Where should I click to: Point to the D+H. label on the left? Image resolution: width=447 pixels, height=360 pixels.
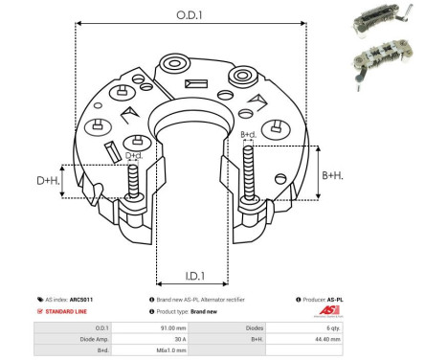(x=49, y=180)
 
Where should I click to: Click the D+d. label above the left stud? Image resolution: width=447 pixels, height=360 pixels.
(x=135, y=155)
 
